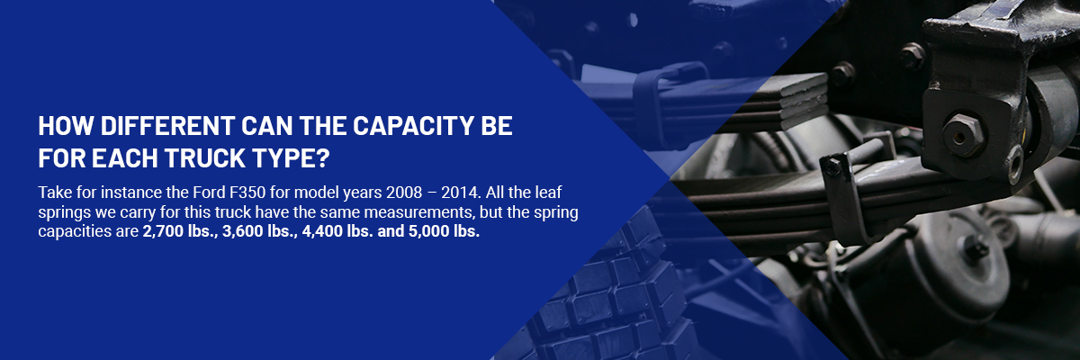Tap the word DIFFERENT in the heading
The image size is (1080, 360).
pyautogui.click(x=167, y=126)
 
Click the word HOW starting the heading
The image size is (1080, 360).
pyautogui.click(x=66, y=126)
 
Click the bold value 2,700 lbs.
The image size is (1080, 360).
pyautogui.click(x=180, y=231)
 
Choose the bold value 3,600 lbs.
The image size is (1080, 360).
pyautogui.click(x=260, y=231)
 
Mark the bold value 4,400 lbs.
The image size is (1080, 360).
pyautogui.click(x=337, y=231)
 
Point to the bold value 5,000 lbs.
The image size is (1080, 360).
pyautogui.click(x=444, y=231)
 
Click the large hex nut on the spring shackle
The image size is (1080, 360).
pyautogui.click(x=963, y=136)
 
